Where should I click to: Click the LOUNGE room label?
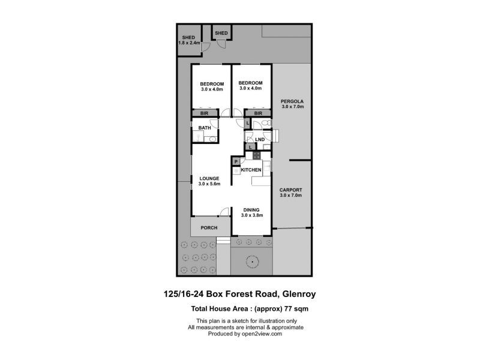click(x=209, y=178)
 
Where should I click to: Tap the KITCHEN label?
click(x=251, y=170)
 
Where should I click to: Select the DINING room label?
click(x=251, y=210)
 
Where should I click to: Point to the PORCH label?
click(x=209, y=228)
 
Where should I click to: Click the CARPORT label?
click(x=291, y=190)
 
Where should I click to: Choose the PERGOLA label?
click(x=292, y=101)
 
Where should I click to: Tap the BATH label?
click(x=205, y=128)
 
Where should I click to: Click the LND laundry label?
click(x=260, y=140)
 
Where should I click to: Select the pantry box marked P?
click(x=236, y=161)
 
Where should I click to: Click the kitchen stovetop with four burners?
click(x=257, y=155)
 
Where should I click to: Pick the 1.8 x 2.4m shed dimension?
click(x=189, y=43)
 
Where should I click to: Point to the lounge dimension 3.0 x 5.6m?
click(x=209, y=184)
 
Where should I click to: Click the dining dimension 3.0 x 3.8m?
click(x=252, y=215)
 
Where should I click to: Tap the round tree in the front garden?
click(x=252, y=262)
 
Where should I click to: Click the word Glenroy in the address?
click(x=299, y=294)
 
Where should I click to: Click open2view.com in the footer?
click(x=262, y=334)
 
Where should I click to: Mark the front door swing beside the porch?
click(x=224, y=212)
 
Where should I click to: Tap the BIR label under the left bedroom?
click(x=204, y=113)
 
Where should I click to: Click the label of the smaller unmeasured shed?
click(x=221, y=33)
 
